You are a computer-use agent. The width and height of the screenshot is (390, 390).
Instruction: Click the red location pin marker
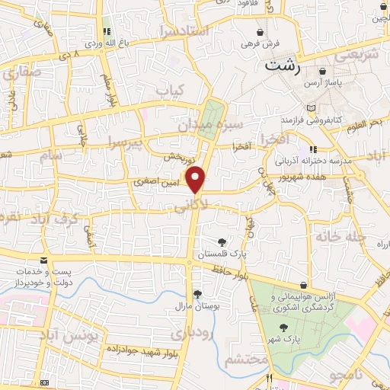click(x=197, y=178)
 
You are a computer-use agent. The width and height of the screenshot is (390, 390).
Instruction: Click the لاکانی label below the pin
click(x=190, y=206)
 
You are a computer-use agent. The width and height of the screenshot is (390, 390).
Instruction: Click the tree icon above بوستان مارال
click(x=198, y=293)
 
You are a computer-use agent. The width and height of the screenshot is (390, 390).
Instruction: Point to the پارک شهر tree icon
click(x=283, y=326)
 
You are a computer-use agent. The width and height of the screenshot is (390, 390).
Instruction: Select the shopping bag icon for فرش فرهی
click(x=262, y=32)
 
